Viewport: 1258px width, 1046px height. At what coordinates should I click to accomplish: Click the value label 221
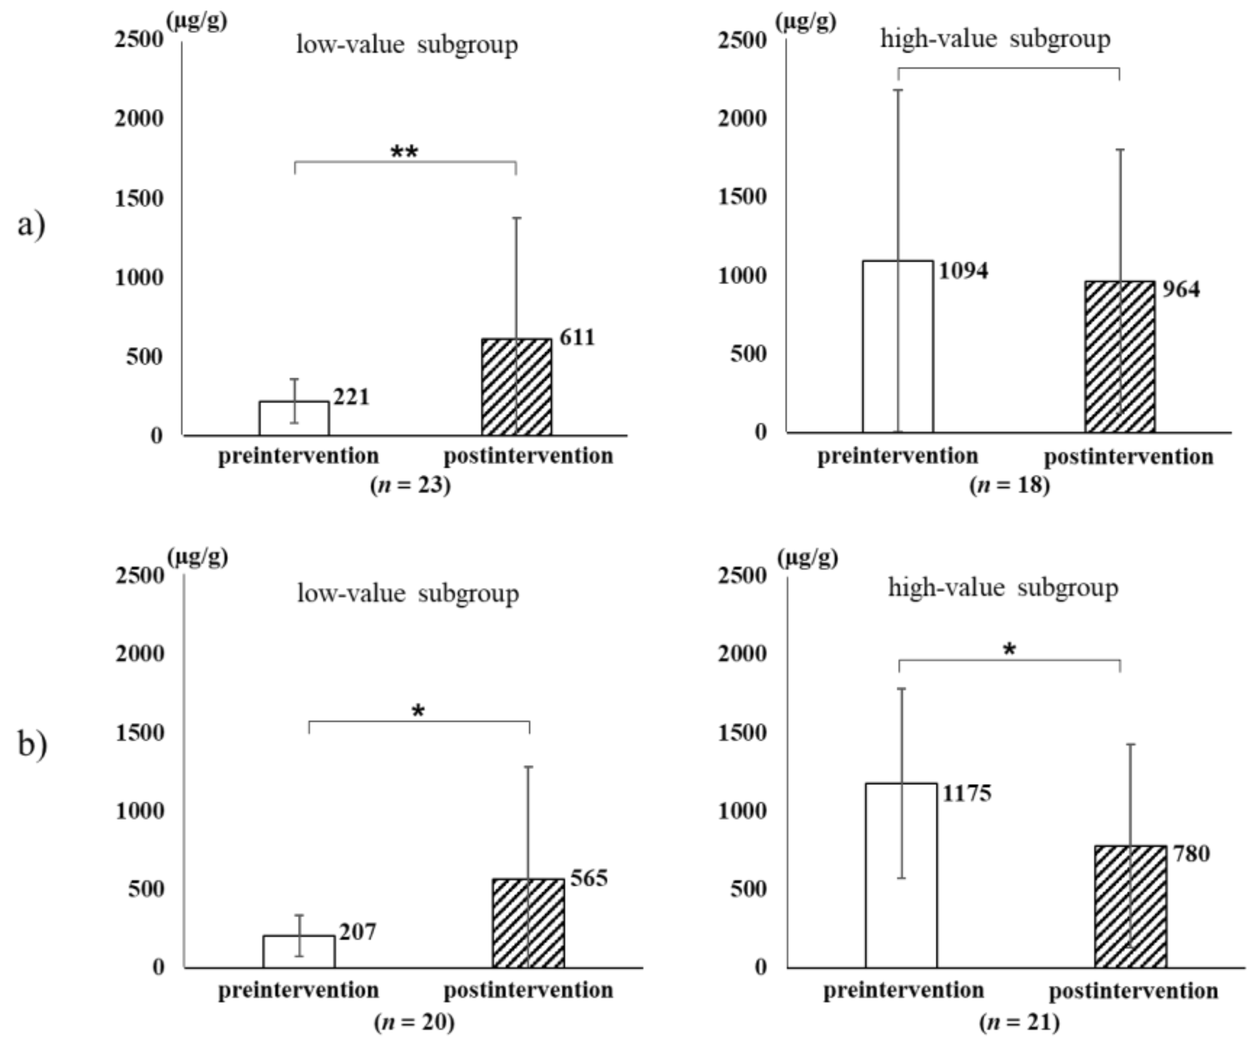point(351,397)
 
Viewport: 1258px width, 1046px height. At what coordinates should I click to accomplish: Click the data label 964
point(1181,290)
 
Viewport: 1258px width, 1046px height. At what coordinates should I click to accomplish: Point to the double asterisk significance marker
point(404,152)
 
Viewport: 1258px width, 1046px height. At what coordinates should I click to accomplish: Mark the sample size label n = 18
point(1010,484)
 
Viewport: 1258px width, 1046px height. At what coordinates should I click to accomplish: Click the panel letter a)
point(31,225)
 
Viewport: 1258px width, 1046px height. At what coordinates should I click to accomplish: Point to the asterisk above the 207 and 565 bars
point(418,712)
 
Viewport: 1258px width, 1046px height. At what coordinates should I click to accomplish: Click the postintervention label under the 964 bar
point(1129,457)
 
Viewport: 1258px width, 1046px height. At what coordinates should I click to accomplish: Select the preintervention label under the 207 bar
point(299,990)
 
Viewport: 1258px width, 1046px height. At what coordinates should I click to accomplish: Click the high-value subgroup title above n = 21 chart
point(1003,587)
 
